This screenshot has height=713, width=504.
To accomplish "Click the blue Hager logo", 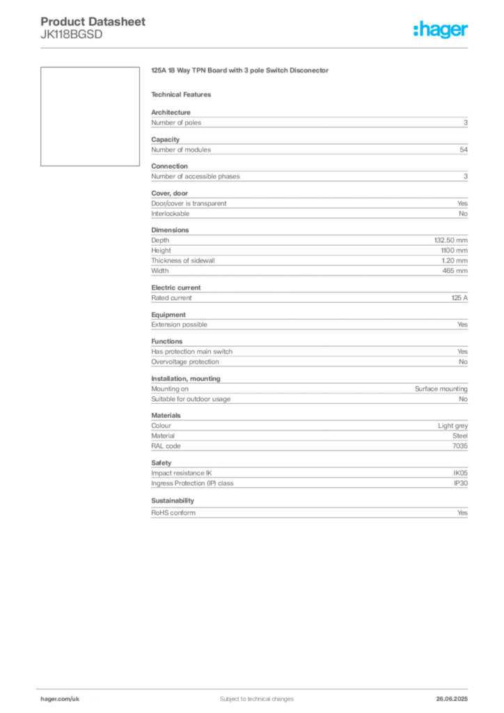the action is point(442,30).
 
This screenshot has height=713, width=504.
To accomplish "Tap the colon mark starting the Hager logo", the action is point(414,30).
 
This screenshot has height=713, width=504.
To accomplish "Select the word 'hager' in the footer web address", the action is point(48,698).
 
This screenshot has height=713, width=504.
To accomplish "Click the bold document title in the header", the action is point(94,21).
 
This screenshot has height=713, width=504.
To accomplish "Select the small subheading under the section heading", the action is point(184,94).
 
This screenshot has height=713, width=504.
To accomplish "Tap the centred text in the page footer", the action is point(251,694).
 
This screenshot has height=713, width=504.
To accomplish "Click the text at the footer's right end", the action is point(456,695).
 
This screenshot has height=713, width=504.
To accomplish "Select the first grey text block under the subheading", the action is point(308,122).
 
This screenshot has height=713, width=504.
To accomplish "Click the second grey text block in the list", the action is point(308,147).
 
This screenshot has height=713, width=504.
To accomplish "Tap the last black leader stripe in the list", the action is point(345,481).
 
